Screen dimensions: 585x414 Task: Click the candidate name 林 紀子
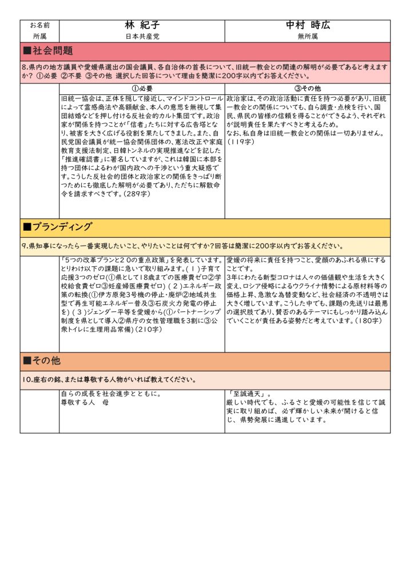[x=142, y=26]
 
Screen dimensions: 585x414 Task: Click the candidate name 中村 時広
[x=308, y=26]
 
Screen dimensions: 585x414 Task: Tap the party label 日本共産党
[x=142, y=36]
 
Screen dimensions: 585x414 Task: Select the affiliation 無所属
[x=308, y=36]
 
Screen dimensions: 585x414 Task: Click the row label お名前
[x=39, y=26]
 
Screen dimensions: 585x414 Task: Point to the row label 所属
[x=39, y=36]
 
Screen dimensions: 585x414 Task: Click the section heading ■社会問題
[x=48, y=51]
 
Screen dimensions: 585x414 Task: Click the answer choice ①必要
[x=142, y=89]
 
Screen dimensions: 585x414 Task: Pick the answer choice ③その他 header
[x=308, y=89]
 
